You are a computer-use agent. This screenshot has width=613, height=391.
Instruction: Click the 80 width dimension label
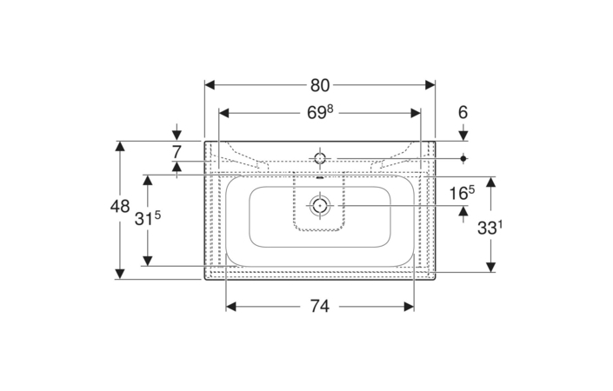(x=320, y=85)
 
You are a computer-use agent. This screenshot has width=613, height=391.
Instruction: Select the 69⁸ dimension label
(x=320, y=113)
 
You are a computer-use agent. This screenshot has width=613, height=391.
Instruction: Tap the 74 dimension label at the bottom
(x=320, y=306)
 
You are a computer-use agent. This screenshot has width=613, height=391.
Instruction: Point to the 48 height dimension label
(x=120, y=206)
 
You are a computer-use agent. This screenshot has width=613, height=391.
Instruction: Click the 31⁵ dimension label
(x=148, y=219)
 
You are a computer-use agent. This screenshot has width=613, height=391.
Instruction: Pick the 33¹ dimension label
(x=490, y=228)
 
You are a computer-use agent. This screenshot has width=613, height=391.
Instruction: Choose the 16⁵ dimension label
(x=462, y=193)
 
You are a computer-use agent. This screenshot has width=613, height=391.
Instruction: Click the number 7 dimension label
(x=177, y=152)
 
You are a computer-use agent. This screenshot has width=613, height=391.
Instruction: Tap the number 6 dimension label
(x=463, y=112)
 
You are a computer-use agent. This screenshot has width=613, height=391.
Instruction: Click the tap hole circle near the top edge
(x=320, y=158)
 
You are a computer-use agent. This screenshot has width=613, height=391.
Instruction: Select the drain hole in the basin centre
(x=320, y=205)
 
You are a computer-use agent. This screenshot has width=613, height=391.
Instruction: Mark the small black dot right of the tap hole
(x=463, y=158)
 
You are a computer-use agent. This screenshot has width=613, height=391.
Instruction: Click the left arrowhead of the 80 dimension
(x=210, y=85)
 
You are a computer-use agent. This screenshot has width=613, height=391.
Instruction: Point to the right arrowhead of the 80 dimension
(x=430, y=85)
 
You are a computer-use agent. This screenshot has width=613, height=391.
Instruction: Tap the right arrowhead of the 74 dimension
(x=409, y=307)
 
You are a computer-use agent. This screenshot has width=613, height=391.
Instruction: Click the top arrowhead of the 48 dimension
(x=120, y=146)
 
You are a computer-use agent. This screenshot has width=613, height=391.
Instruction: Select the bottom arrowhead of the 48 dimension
(x=120, y=275)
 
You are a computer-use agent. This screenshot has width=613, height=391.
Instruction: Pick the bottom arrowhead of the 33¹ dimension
(x=490, y=267)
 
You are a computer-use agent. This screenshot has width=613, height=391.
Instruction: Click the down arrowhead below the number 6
(x=463, y=136)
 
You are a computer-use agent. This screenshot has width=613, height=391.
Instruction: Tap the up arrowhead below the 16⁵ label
(x=463, y=211)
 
